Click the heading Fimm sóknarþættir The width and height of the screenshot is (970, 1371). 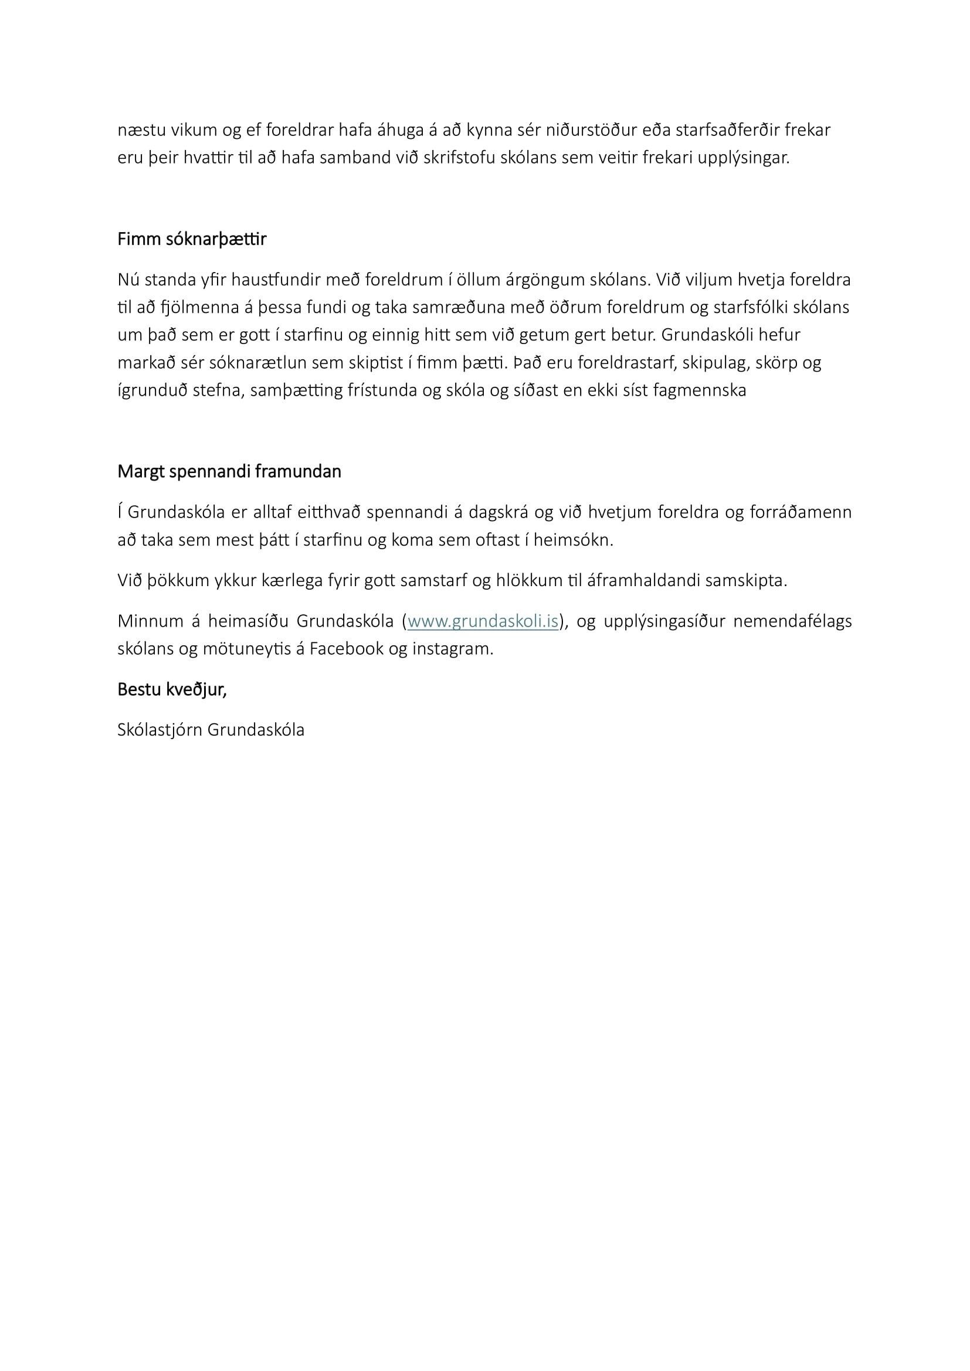192,240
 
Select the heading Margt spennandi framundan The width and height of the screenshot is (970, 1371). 229,472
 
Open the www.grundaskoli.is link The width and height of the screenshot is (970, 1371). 483,621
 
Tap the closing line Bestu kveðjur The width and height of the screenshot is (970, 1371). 172,690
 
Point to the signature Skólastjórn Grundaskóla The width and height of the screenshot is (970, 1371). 211,730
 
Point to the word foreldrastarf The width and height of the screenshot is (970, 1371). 622,363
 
